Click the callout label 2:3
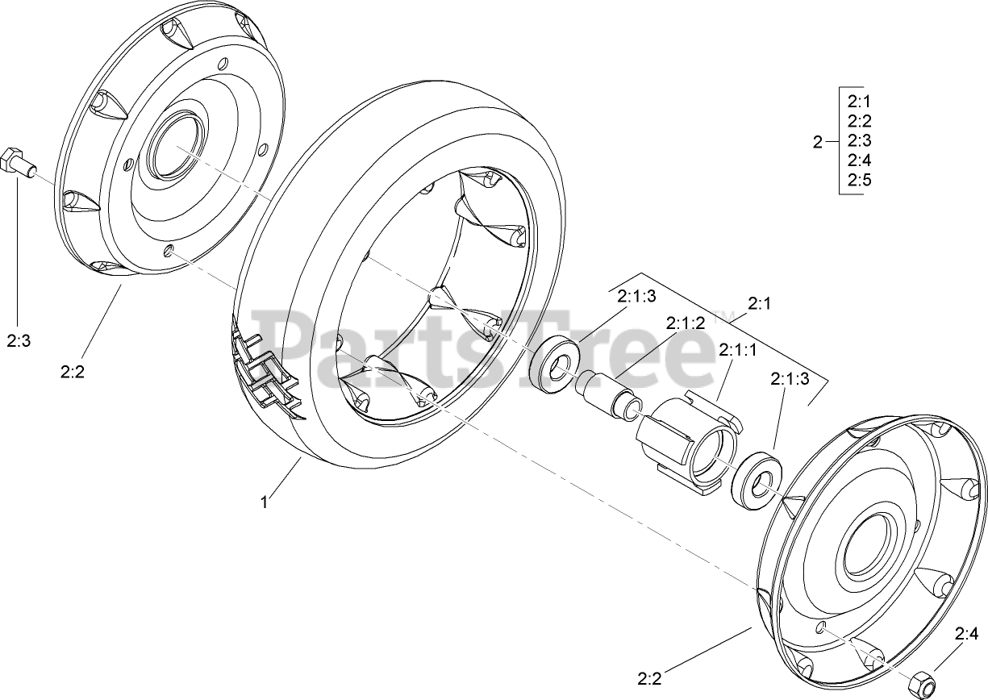(19, 341)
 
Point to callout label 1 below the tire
(263, 502)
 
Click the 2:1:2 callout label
(686, 323)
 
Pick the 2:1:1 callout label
(738, 350)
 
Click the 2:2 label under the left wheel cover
(73, 371)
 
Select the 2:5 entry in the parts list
(860, 180)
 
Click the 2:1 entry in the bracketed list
(860, 102)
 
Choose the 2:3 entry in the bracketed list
(860, 141)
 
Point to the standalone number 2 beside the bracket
(817, 143)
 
